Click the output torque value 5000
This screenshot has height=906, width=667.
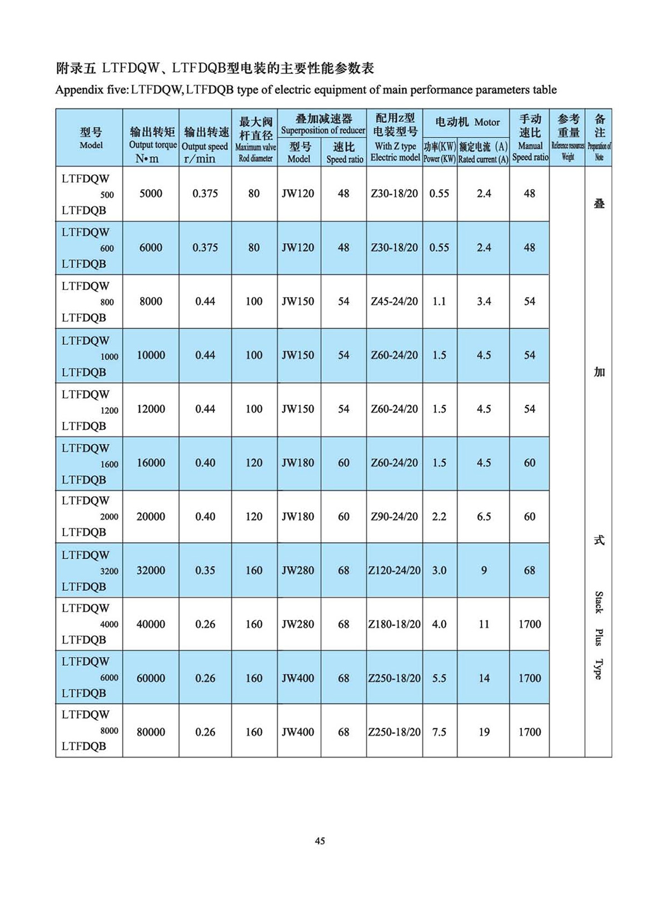tap(151, 194)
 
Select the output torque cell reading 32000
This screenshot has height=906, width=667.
tap(151, 570)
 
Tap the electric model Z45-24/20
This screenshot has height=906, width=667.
tap(394, 301)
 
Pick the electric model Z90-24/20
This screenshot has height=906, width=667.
tap(394, 517)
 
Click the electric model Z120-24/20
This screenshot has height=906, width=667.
tap(394, 570)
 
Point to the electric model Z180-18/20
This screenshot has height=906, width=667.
tap(394, 624)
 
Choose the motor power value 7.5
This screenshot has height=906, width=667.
tap(439, 732)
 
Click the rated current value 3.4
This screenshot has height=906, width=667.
tap(484, 301)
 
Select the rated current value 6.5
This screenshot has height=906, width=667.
tap(484, 517)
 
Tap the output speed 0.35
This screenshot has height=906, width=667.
tap(205, 570)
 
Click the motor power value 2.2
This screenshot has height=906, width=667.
tap(439, 517)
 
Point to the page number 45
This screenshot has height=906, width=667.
tap(320, 841)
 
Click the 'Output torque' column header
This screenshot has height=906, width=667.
tap(153, 145)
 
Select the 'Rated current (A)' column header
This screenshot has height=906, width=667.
tap(483, 159)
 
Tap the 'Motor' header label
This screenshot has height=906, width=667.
tap(487, 122)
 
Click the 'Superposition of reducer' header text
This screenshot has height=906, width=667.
tap(323, 131)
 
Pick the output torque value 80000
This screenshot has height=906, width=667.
tap(151, 732)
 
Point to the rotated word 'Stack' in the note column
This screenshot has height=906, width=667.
tap(599, 602)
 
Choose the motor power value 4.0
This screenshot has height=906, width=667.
tap(439, 624)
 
